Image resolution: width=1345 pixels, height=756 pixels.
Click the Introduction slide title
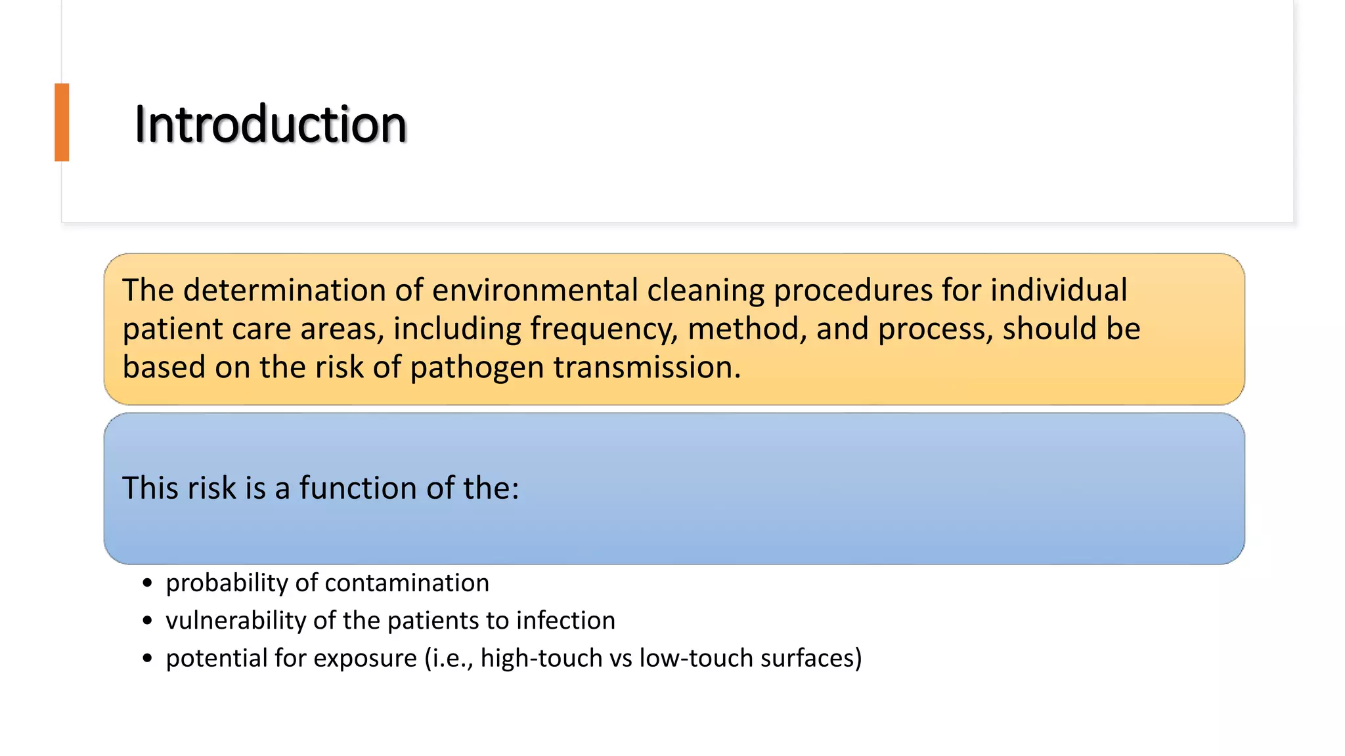(x=270, y=124)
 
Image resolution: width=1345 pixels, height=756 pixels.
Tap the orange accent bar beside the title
(x=62, y=122)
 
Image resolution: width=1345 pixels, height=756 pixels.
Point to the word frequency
(x=603, y=329)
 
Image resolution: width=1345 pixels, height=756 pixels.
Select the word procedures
(x=852, y=291)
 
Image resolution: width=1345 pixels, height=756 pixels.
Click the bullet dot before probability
(x=147, y=583)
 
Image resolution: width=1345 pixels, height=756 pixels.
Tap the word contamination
(x=407, y=583)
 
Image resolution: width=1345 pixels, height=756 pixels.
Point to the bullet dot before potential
(x=147, y=658)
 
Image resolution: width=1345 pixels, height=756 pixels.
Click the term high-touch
(x=541, y=658)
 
